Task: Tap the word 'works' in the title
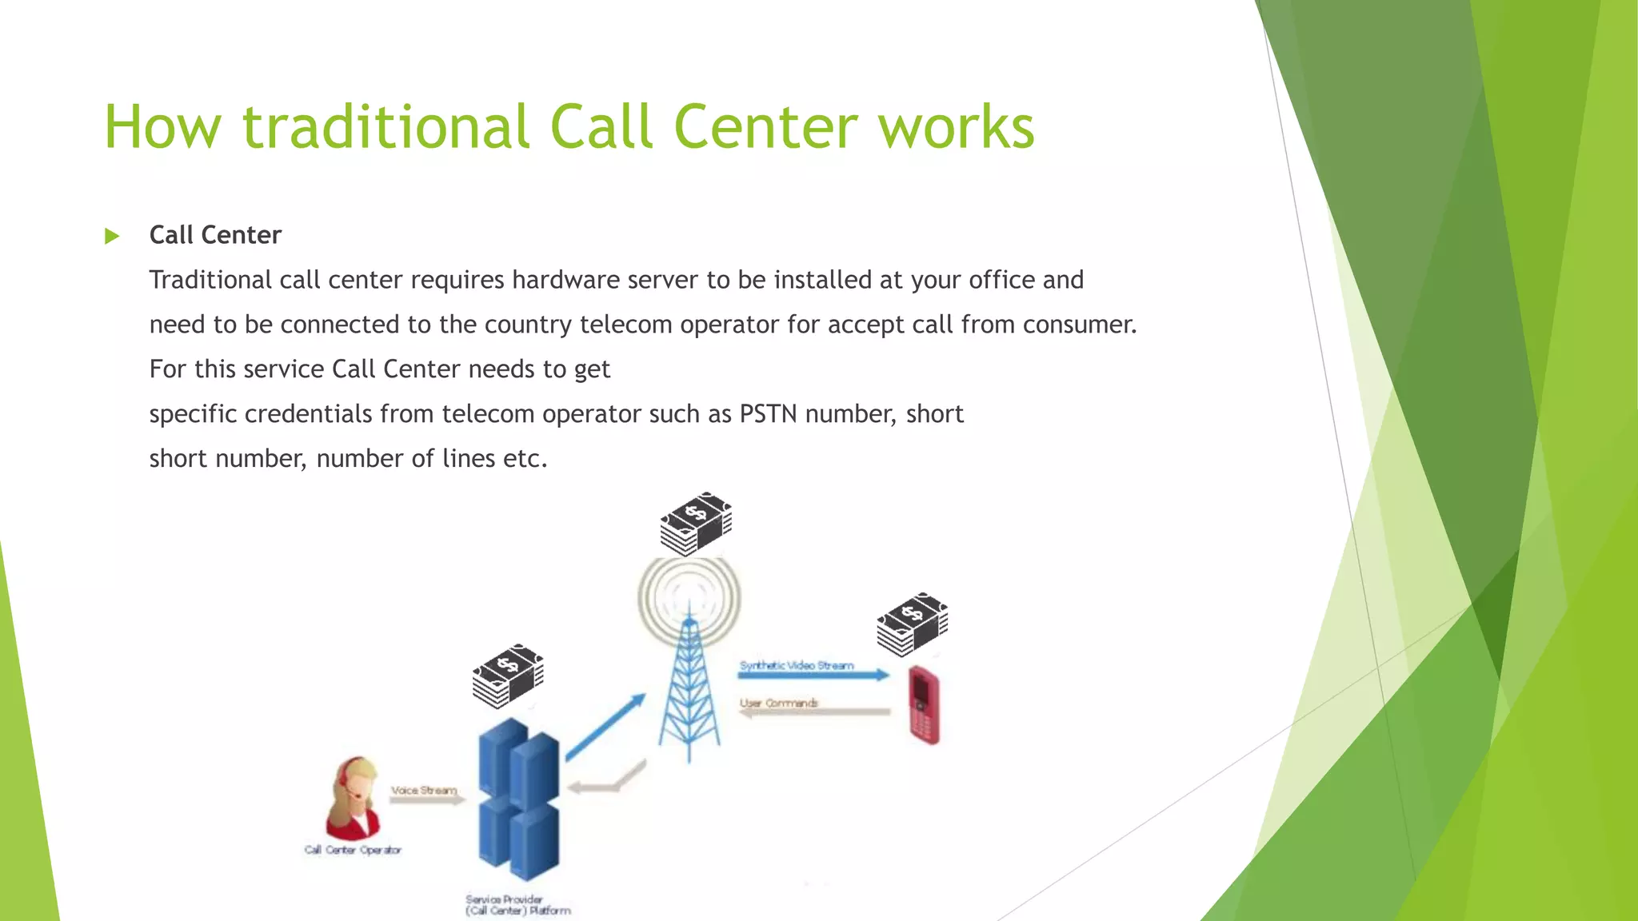click(x=956, y=127)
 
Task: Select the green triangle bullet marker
click(x=112, y=236)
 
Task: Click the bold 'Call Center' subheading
click(x=215, y=235)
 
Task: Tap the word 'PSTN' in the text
click(x=768, y=414)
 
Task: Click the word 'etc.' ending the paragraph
click(x=525, y=459)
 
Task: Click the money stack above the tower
click(x=696, y=524)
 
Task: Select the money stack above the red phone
click(x=912, y=624)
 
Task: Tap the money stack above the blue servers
click(x=508, y=676)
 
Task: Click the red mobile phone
click(x=924, y=705)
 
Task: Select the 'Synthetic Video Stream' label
click(x=797, y=665)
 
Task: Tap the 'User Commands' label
click(x=779, y=703)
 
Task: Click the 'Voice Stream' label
click(x=423, y=790)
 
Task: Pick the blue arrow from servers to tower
click(x=605, y=726)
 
